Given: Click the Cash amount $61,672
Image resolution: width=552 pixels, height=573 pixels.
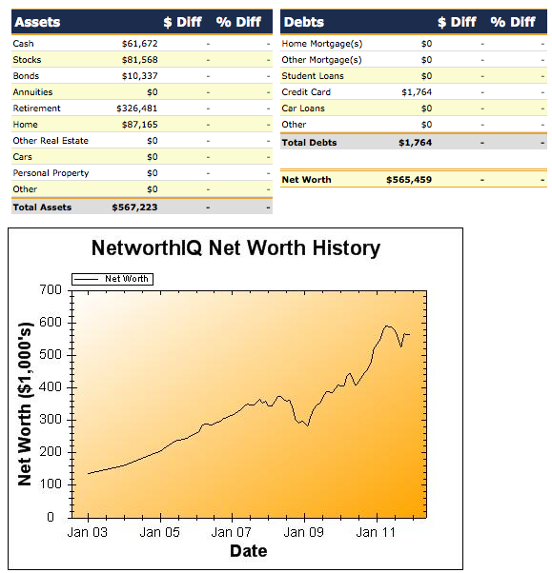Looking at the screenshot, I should (x=140, y=44).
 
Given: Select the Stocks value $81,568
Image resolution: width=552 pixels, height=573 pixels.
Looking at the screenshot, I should (x=140, y=60).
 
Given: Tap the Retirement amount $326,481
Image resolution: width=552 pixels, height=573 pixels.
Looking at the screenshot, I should (x=137, y=109).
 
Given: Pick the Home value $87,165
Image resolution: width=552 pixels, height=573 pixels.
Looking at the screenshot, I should (x=140, y=125).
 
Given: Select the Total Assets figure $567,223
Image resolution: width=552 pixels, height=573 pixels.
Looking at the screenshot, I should (x=134, y=207).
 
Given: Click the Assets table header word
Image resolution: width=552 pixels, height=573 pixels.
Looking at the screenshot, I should (x=38, y=22).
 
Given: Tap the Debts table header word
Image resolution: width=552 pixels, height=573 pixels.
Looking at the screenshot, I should (x=304, y=22).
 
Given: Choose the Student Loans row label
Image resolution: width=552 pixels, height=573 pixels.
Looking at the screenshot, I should (x=313, y=76).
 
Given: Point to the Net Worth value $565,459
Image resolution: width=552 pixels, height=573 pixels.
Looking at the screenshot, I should (x=409, y=179).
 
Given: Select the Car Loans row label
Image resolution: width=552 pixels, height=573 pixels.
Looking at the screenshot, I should (x=303, y=109).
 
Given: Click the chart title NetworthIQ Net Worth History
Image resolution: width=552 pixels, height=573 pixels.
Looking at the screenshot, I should (x=235, y=248).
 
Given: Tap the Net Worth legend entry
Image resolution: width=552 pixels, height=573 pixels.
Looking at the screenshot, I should (x=126, y=279).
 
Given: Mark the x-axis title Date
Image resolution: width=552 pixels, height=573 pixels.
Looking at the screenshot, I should (x=248, y=551).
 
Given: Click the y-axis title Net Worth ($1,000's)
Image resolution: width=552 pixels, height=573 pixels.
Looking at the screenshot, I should (x=26, y=403).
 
